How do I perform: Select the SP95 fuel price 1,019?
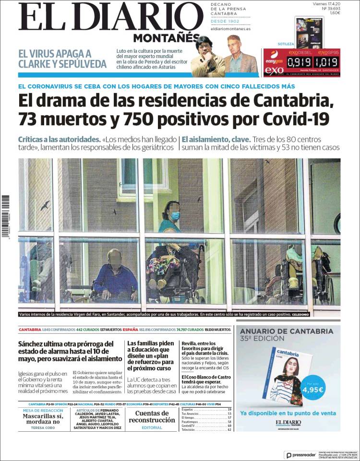coord(326,62)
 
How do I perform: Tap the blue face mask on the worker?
coord(175,216)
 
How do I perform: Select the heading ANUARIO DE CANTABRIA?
coord(286,331)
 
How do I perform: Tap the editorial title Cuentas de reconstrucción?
coord(152,416)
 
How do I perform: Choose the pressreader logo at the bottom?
coord(301,455)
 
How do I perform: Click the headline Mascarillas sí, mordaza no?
coord(43,419)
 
